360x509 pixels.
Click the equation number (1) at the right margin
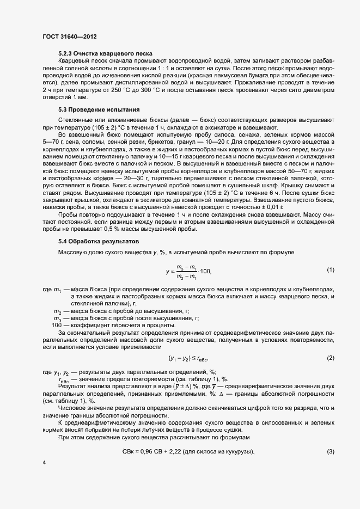pyautogui.click(x=330, y=270)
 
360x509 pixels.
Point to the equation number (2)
pyautogui.click(x=330, y=358)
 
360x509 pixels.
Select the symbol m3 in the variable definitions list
pyautogui.click(x=56, y=318)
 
